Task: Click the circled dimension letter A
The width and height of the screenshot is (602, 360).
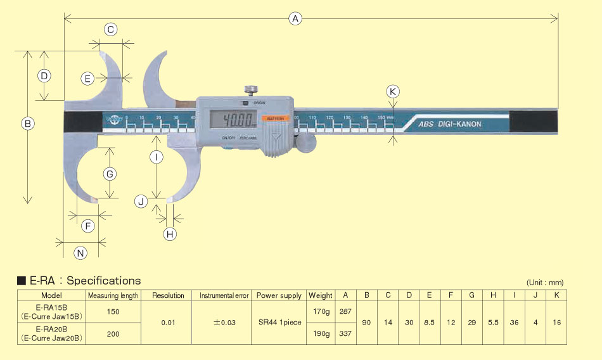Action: coord(295,19)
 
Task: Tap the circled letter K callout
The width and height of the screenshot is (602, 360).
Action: coord(393,91)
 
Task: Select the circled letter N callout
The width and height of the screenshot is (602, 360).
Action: coord(80,254)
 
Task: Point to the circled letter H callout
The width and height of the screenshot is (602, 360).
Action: coord(170,234)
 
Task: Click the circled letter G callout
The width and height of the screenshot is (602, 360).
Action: coord(110,174)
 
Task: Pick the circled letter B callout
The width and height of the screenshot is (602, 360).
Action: coord(27,124)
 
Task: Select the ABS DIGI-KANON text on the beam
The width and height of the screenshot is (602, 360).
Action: coord(449,124)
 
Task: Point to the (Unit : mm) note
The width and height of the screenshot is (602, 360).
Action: coord(544,283)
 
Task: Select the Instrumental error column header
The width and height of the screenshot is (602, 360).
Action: coord(225,295)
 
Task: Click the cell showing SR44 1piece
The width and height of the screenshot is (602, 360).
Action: coord(279,323)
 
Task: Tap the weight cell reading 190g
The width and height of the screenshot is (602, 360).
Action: coord(321,333)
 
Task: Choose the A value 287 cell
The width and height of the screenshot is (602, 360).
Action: coord(346,312)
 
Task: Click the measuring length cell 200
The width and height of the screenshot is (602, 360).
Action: coord(113,333)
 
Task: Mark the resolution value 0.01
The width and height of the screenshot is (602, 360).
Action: coord(168,323)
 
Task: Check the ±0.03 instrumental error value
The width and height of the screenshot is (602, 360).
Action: coord(225,323)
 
